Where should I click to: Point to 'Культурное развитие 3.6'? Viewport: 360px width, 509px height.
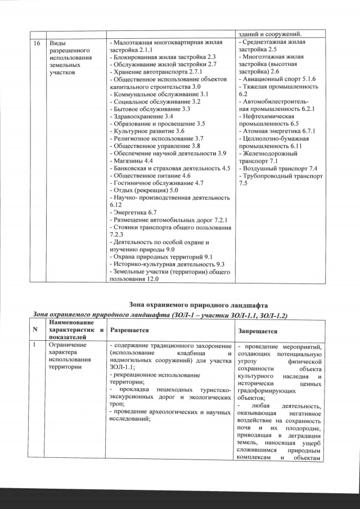[146, 130]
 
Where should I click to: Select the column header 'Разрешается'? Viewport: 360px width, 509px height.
[129, 330]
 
